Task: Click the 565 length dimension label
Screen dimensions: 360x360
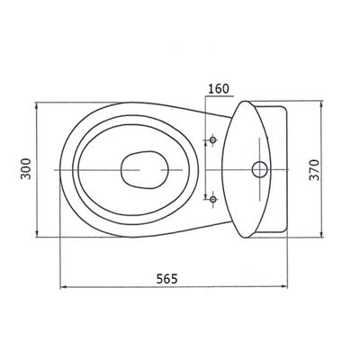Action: point(167,279)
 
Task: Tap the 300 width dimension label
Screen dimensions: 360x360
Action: point(26,169)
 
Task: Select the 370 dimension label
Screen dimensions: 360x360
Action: point(314,170)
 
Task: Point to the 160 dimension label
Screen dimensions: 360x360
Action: point(219,89)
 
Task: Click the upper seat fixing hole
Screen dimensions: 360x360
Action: point(213,139)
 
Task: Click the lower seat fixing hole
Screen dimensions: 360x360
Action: point(213,199)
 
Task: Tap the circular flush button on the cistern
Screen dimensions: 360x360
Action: point(259,169)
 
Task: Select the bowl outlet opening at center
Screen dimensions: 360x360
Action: point(145,170)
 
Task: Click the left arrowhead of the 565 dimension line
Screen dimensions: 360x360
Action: point(62,287)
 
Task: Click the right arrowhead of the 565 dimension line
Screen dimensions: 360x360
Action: point(284,287)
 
